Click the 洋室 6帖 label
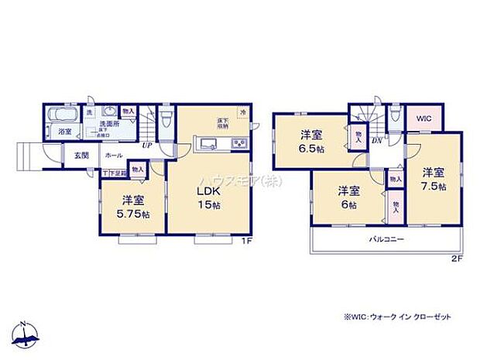[x=346, y=197]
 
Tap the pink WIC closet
[x=423, y=118]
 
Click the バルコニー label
[x=386, y=240]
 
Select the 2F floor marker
[x=456, y=258]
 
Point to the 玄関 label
[x=81, y=156]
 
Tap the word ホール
[x=111, y=156]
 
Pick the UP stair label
[x=146, y=145]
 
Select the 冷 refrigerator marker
[x=242, y=112]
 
